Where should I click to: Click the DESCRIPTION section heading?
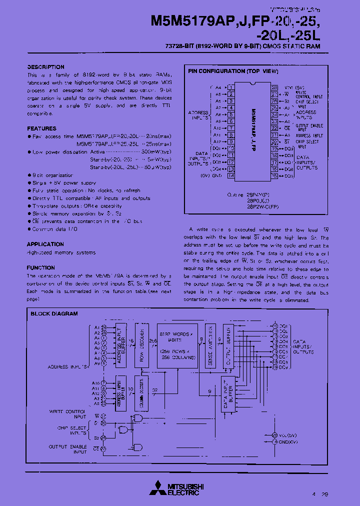(x=45, y=67)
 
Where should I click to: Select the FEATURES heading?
(x=41, y=128)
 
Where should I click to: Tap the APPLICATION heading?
(x=45, y=244)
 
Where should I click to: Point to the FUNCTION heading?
(x=40, y=268)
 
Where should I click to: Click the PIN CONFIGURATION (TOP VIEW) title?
(x=232, y=71)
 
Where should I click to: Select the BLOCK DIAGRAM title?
(x=54, y=314)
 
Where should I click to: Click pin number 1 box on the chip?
(x=231, y=87)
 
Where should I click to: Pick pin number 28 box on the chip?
(x=274, y=87)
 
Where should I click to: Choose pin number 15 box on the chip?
(x=274, y=176)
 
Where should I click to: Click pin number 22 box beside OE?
(x=274, y=128)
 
